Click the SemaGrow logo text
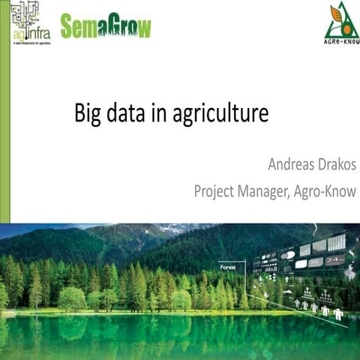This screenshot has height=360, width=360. click(105, 26)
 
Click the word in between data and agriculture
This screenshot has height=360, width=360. click(160, 115)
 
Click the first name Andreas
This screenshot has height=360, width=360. click(292, 163)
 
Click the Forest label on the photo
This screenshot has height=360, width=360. click(228, 267)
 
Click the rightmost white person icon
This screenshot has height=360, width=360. click(338, 314)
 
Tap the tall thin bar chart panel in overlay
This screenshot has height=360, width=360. click(337, 241)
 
